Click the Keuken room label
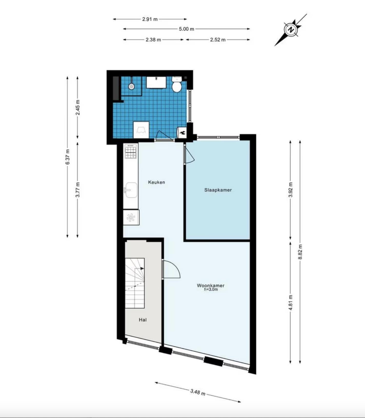[156, 182]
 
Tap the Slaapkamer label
[218, 190]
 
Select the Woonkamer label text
[210, 285]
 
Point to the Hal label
[143, 320]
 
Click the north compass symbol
[291, 30]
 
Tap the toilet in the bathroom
[177, 84]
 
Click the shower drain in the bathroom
[131, 87]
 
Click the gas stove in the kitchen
[131, 151]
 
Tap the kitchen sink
[131, 190]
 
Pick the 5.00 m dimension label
[186, 29]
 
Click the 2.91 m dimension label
[150, 19]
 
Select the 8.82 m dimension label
[300, 252]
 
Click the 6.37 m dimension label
[68, 157]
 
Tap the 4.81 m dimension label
[290, 303]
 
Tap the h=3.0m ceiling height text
[211, 290]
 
